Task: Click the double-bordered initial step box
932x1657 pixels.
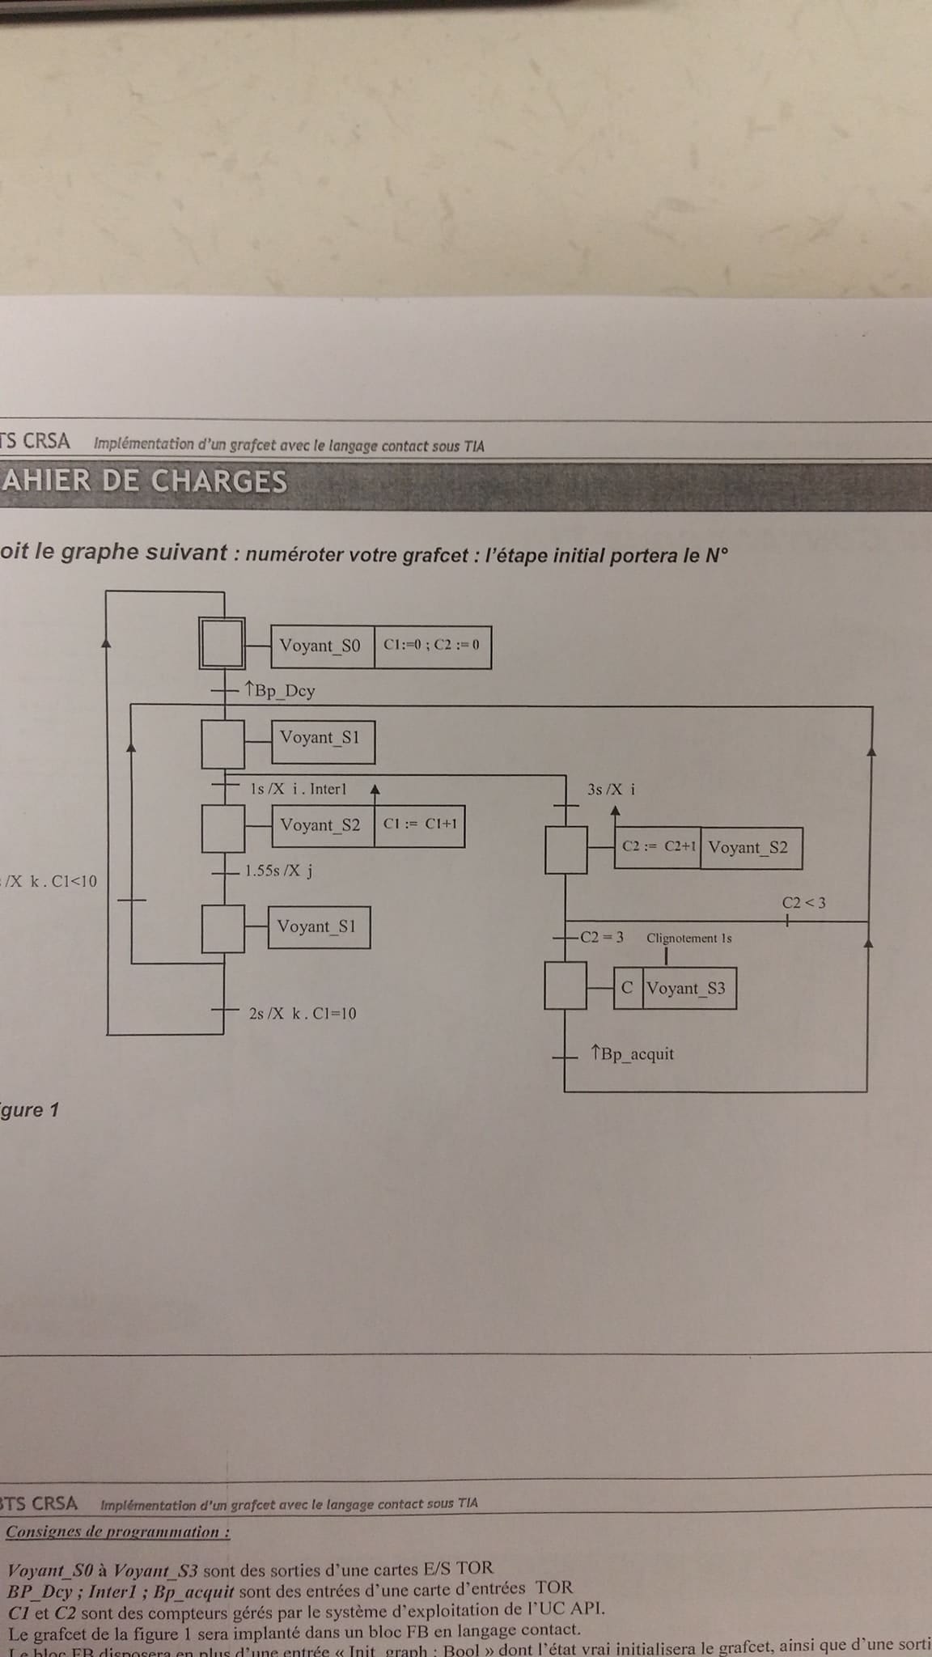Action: (x=222, y=644)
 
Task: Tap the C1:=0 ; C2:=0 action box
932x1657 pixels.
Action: (x=432, y=646)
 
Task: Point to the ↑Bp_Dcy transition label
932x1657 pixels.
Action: (x=280, y=691)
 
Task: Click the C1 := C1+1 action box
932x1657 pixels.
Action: (x=420, y=824)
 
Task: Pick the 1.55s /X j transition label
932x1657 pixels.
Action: (x=279, y=871)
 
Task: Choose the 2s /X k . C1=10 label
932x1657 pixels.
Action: (x=303, y=1014)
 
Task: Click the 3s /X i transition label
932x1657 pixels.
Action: (x=611, y=790)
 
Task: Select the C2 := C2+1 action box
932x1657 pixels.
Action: (x=658, y=848)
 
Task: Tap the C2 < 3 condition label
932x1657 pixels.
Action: (x=803, y=903)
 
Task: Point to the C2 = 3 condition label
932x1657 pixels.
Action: (x=603, y=938)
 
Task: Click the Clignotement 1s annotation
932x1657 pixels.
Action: (x=689, y=939)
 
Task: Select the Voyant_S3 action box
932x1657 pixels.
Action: (x=689, y=989)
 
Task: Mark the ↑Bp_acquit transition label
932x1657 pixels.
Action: (x=633, y=1054)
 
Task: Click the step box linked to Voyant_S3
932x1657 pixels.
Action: (x=566, y=985)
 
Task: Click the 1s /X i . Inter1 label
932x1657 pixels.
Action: (x=299, y=790)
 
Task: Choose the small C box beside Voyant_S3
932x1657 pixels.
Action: (x=628, y=989)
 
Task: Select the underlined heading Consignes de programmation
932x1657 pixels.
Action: (x=118, y=1532)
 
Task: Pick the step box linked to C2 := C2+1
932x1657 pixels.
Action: (x=566, y=850)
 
